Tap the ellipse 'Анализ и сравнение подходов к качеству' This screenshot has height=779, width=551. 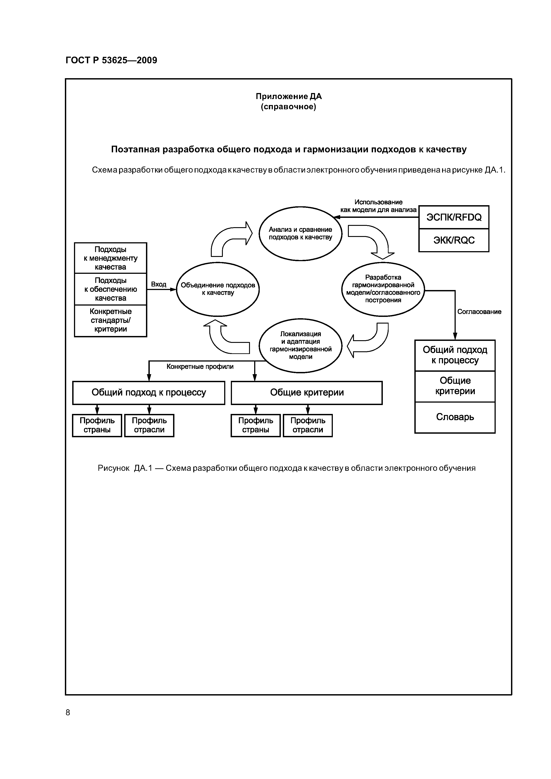[x=300, y=233]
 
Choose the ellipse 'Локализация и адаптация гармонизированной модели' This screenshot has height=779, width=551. [x=300, y=345]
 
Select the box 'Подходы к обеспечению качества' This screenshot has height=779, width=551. [x=110, y=289]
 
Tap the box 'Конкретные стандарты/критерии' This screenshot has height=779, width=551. [x=110, y=320]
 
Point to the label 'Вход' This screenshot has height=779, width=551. [x=159, y=284]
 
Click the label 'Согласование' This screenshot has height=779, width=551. [x=479, y=312]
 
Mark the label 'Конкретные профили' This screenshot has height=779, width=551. [x=200, y=367]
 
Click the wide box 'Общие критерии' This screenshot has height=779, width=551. [x=307, y=393]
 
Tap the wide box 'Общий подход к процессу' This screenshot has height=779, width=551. [x=149, y=393]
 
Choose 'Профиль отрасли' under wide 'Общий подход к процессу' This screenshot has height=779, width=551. [x=149, y=425]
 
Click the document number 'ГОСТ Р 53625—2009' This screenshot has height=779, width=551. [x=111, y=60]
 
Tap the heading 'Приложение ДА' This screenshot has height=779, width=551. [x=289, y=96]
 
